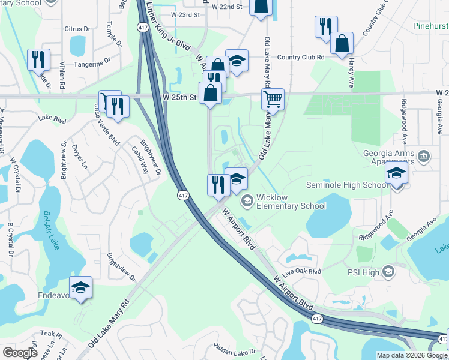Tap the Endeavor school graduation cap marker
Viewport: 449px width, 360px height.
pos(80,287)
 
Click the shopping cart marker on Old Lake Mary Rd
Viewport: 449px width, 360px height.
pos(273,98)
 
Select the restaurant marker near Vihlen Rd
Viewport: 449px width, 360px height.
pos(38,59)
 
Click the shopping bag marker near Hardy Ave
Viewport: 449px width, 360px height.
pos(342,43)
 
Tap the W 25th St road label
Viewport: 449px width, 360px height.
pos(179,97)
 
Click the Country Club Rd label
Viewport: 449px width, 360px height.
pos(300,58)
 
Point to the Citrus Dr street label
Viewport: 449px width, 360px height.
pos(77,28)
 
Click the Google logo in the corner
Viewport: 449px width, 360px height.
pos(20,353)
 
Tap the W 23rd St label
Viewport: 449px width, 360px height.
pos(184,14)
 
